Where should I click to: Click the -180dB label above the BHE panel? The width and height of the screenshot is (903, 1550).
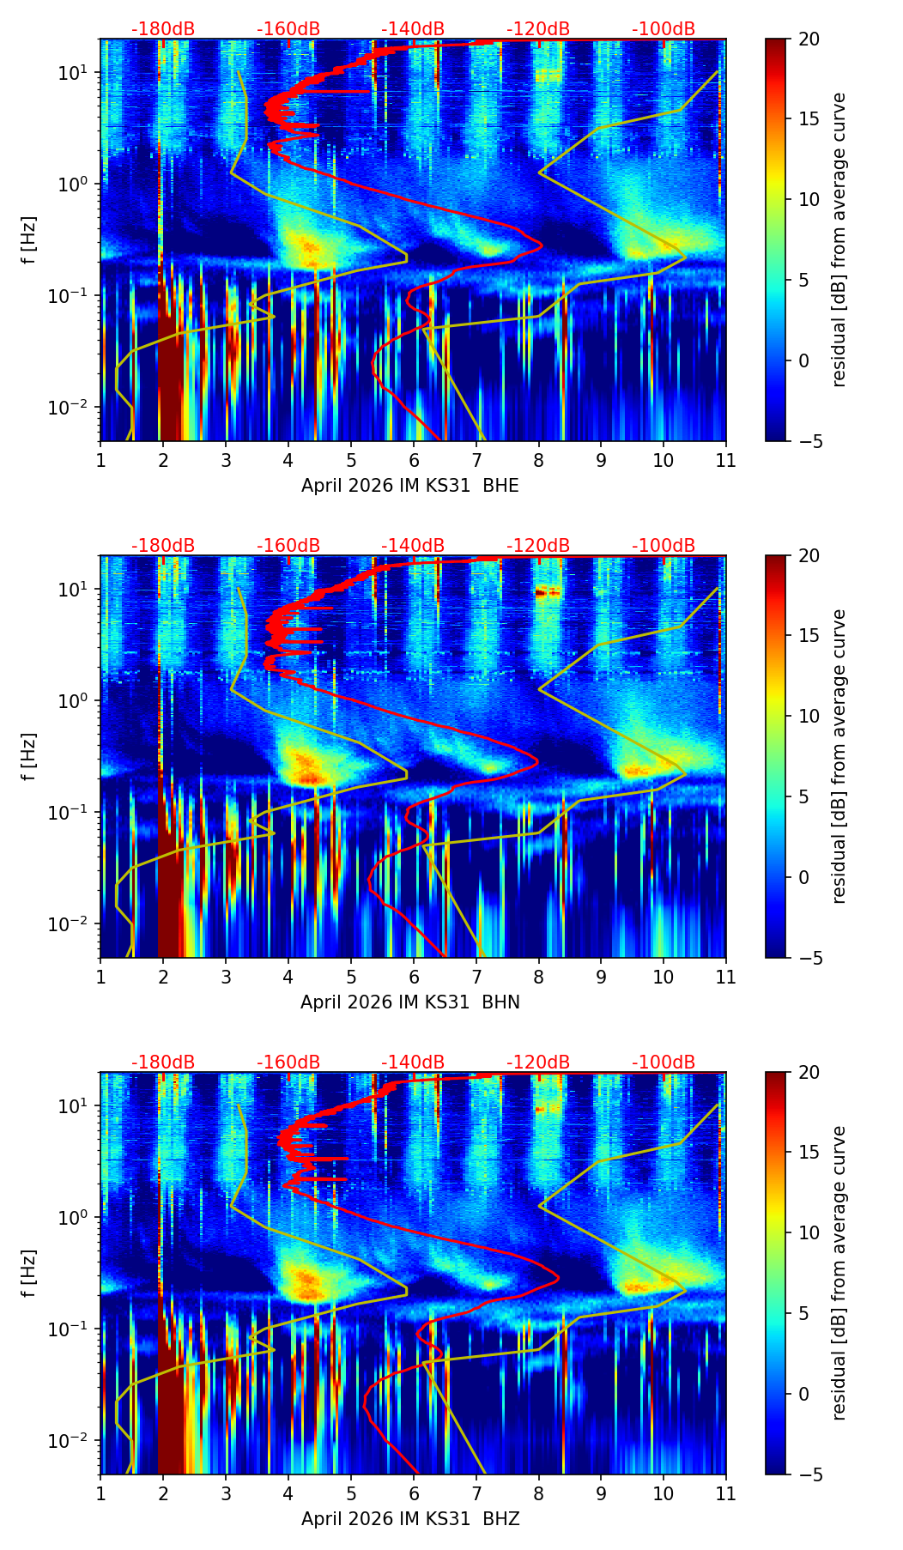point(163,29)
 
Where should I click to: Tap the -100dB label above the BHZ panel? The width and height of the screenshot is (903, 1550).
point(664,1063)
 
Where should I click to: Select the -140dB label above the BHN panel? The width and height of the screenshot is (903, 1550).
point(413,546)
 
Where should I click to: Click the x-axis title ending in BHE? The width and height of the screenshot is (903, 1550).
point(410,486)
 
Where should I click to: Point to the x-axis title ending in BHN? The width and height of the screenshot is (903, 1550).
point(410,1002)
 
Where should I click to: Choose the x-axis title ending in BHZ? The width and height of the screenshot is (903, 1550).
point(410,1519)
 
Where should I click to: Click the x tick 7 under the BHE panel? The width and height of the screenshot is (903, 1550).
point(476,460)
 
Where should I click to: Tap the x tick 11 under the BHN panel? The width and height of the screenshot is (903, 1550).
point(726,977)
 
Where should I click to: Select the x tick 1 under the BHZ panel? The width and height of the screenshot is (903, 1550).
point(100,1493)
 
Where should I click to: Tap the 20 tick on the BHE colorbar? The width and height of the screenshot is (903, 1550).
point(809,39)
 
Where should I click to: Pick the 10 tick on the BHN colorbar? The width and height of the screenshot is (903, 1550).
point(809,716)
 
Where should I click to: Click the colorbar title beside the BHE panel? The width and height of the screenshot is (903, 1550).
point(839,240)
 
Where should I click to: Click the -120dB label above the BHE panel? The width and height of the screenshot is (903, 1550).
point(538,29)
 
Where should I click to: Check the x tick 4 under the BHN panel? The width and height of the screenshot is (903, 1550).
point(288,977)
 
